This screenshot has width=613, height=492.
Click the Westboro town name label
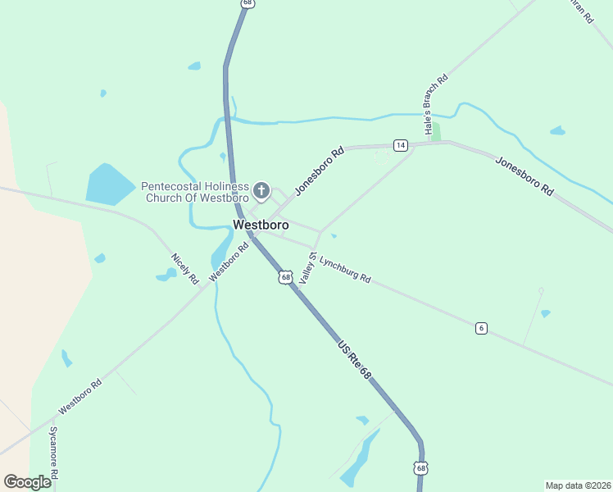(261, 225)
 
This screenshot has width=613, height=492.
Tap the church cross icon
(261, 192)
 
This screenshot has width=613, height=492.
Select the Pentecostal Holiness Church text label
(195, 192)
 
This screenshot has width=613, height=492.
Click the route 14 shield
(400, 145)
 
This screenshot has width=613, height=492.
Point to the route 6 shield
(481, 328)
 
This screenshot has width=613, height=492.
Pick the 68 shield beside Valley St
(285, 277)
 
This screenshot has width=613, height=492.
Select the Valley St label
(308, 269)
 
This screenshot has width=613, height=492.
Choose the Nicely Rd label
(184, 269)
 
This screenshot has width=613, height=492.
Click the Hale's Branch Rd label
(435, 104)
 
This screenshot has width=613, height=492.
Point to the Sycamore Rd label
(53, 452)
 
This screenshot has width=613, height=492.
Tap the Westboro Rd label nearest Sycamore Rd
(79, 397)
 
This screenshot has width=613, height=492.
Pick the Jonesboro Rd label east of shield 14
(524, 175)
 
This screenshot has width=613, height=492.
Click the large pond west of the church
(108, 184)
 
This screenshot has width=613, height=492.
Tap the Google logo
(27, 482)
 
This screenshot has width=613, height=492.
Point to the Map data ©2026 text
(578, 485)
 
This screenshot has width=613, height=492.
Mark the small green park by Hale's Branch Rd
(435, 131)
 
